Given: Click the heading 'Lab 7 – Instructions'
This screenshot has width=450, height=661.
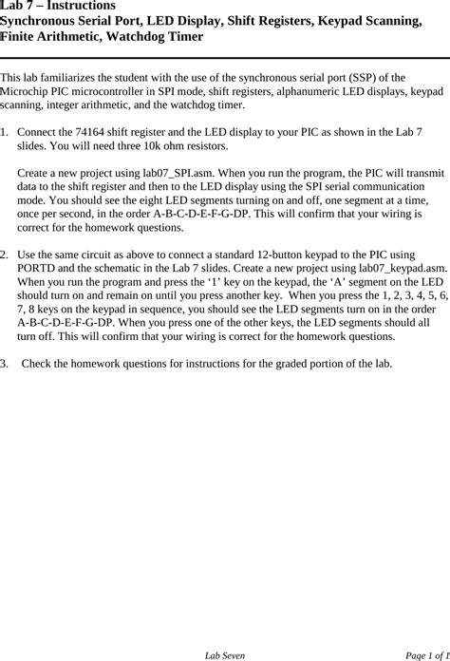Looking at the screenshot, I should (x=58, y=6).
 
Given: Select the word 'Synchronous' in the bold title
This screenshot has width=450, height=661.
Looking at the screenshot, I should (x=48, y=21).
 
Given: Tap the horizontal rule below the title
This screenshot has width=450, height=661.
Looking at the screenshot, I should (x=225, y=58).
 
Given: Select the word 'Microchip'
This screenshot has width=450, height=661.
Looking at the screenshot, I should (x=26, y=92).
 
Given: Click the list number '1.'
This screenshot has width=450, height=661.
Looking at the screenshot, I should (x=6, y=132).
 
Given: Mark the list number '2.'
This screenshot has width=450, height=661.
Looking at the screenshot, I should (x=6, y=255).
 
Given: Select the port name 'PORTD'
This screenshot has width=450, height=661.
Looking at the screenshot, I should (x=37, y=269).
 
